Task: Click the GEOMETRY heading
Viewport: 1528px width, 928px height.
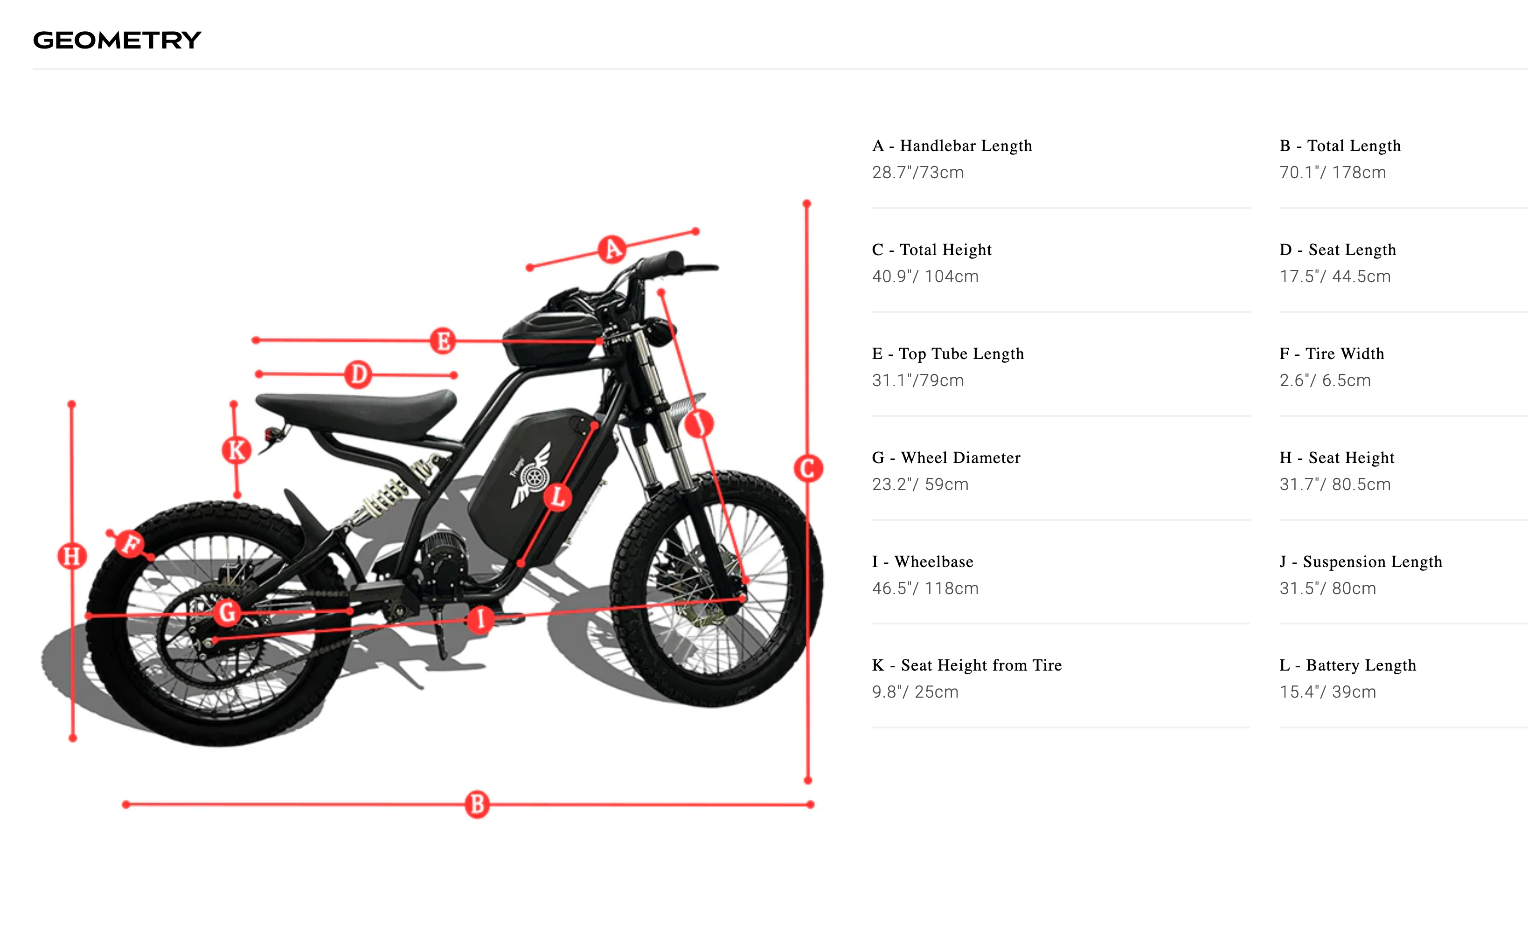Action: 117,40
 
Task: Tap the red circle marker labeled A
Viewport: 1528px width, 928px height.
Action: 612,249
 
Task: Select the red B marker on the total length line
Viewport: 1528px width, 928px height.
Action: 477,804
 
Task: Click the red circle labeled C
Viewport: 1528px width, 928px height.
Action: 808,468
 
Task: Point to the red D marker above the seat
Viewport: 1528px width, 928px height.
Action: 358,374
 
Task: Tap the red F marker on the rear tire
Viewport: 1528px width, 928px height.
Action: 130,544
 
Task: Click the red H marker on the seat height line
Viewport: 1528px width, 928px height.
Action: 72,556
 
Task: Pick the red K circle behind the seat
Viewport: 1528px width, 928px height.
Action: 236,450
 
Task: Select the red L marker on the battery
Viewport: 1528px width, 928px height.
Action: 557,497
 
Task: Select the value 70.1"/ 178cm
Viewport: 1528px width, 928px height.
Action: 1333,173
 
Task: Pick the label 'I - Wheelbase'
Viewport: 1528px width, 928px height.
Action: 923,561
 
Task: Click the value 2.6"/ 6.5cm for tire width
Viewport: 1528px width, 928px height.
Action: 1325,380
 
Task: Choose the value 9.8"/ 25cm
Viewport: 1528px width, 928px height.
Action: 915,692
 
